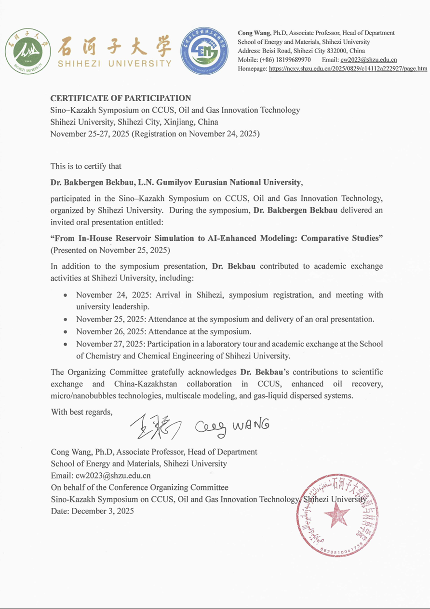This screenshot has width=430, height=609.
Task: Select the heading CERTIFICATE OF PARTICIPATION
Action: [x=121, y=98]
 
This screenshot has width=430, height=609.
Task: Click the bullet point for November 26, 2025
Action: [x=65, y=332]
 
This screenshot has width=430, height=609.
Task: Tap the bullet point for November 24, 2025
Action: [x=65, y=295]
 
